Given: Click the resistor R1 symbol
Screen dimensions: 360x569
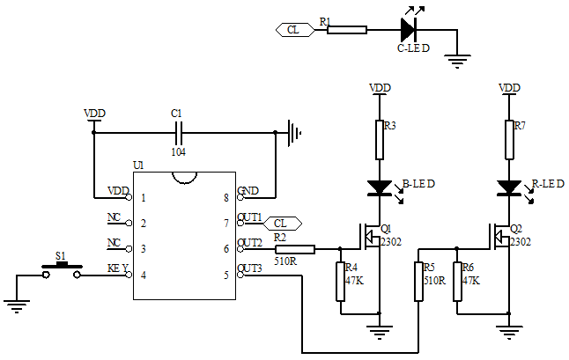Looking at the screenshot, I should click(346, 29).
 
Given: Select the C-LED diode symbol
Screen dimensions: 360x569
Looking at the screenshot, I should click(408, 29).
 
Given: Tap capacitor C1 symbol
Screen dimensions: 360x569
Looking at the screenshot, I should click(179, 133).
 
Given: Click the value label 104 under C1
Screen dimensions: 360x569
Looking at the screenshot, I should click(179, 151).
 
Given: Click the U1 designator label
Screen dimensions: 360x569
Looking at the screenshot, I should click(138, 165).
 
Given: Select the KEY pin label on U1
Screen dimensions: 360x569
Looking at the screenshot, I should click(119, 268).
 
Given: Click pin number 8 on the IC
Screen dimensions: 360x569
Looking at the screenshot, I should click(227, 198).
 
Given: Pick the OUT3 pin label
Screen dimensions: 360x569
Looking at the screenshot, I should click(250, 268).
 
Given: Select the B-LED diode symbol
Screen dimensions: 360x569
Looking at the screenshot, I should click(380, 187).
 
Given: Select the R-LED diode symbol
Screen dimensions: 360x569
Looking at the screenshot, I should click(509, 187).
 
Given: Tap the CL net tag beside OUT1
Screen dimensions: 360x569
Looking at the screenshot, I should click(281, 223).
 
